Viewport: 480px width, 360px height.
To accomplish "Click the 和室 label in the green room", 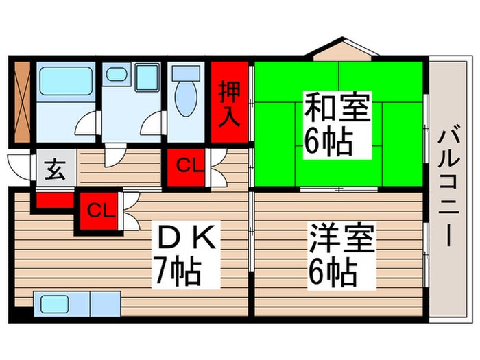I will coord(337,109).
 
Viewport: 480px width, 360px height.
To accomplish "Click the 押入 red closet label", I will coord(229,103).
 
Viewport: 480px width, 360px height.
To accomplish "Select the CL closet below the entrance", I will coord(100,210).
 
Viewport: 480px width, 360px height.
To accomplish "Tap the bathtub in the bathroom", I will coord(66,82).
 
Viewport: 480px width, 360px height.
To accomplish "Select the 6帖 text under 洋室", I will coord(333,274).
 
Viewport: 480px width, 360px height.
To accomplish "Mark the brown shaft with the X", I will coord(23,103).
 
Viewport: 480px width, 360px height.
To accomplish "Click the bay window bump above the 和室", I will coord(341,51).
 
